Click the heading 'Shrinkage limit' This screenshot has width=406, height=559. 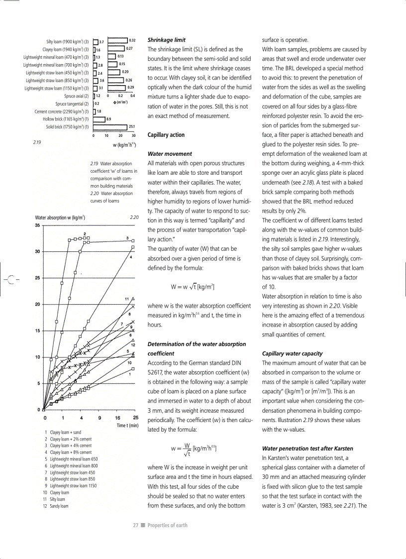[167, 40]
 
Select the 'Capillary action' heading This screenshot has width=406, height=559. [166, 135]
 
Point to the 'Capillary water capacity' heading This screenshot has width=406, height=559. [292, 353]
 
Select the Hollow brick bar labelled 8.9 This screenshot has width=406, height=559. [99, 119]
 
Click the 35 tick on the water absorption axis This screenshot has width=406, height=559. [38, 225]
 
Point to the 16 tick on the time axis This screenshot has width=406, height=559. [118, 418]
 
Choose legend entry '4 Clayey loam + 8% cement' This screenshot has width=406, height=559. [68, 452]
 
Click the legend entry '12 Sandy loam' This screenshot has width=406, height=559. [56, 506]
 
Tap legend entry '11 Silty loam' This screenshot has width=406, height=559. [55, 499]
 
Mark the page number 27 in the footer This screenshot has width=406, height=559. [135, 525]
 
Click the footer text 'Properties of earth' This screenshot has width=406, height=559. [167, 525]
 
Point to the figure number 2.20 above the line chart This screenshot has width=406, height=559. [134, 218]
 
